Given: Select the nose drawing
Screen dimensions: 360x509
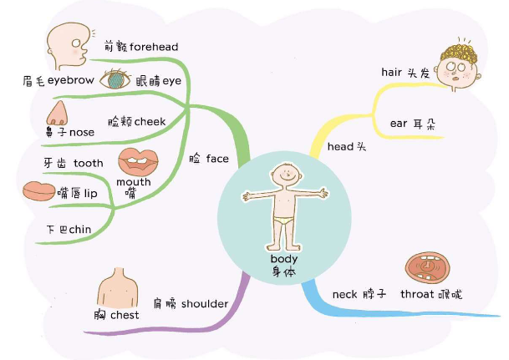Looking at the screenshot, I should (58, 113).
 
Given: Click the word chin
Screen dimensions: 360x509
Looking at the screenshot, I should (80, 229).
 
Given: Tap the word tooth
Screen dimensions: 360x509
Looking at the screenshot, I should (89, 163).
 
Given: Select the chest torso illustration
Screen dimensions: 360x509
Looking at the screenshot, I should (116, 288).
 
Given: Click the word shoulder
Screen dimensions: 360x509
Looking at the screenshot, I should (205, 303).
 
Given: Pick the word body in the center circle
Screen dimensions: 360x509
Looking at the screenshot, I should (283, 258).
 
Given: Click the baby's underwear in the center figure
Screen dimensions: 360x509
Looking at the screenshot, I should (284, 221).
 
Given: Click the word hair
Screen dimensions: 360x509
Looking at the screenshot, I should (392, 73).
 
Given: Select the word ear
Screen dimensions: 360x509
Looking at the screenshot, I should (399, 124).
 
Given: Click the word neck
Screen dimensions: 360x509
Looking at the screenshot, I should (345, 294).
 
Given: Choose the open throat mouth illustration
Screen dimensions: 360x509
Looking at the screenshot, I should (428, 266).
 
